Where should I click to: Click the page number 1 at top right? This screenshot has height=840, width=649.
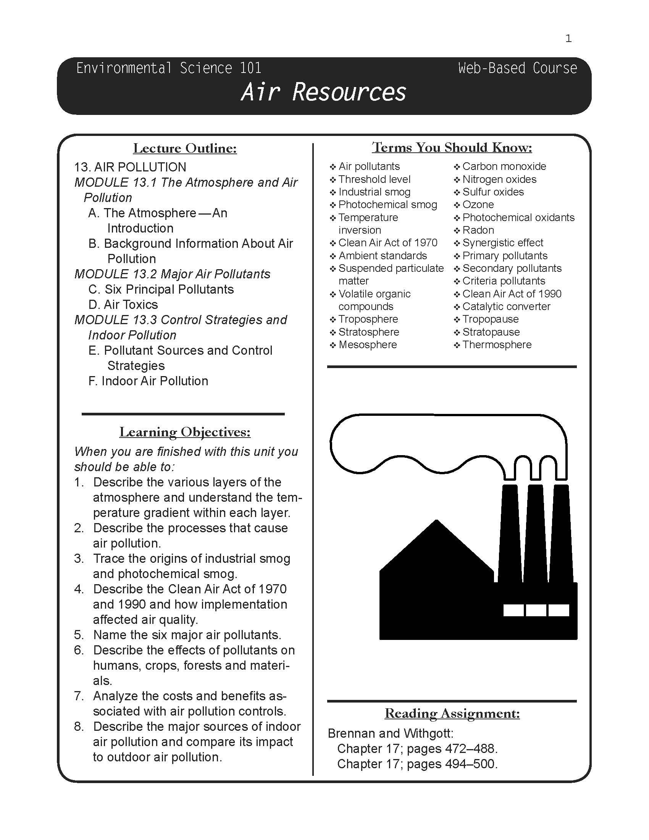pyautogui.click(x=568, y=39)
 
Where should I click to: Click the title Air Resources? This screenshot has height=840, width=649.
pyautogui.click(x=323, y=92)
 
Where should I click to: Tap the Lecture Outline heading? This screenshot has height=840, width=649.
pyautogui.click(x=185, y=148)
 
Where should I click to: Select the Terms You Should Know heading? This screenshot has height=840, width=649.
pyautogui.click(x=452, y=147)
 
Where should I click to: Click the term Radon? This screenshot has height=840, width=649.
pyautogui.click(x=478, y=230)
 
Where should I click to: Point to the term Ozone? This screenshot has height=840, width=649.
pyautogui.click(x=478, y=205)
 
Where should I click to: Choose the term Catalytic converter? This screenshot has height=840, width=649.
pyautogui.click(x=506, y=307)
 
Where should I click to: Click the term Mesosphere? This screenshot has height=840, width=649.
pyautogui.click(x=367, y=345)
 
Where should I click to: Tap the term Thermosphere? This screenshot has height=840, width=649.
pyautogui.click(x=497, y=345)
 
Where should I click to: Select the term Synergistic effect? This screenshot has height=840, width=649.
pyautogui.click(x=502, y=243)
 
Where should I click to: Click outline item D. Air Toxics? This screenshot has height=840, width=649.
pyautogui.click(x=123, y=305)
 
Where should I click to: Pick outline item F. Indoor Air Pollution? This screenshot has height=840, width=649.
pyautogui.click(x=149, y=381)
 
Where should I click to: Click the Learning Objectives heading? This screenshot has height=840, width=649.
pyautogui.click(x=185, y=432)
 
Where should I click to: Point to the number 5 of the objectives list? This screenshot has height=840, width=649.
pyautogui.click(x=79, y=635)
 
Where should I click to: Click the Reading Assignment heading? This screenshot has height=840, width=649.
pyautogui.click(x=452, y=714)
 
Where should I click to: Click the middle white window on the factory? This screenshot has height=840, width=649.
pyautogui.click(x=536, y=610)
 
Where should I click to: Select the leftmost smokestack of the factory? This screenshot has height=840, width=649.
pyautogui.click(x=509, y=535)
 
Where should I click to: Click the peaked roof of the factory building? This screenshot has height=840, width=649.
pyautogui.click(x=436, y=546)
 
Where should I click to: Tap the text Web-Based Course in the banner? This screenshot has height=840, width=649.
pyautogui.click(x=517, y=68)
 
